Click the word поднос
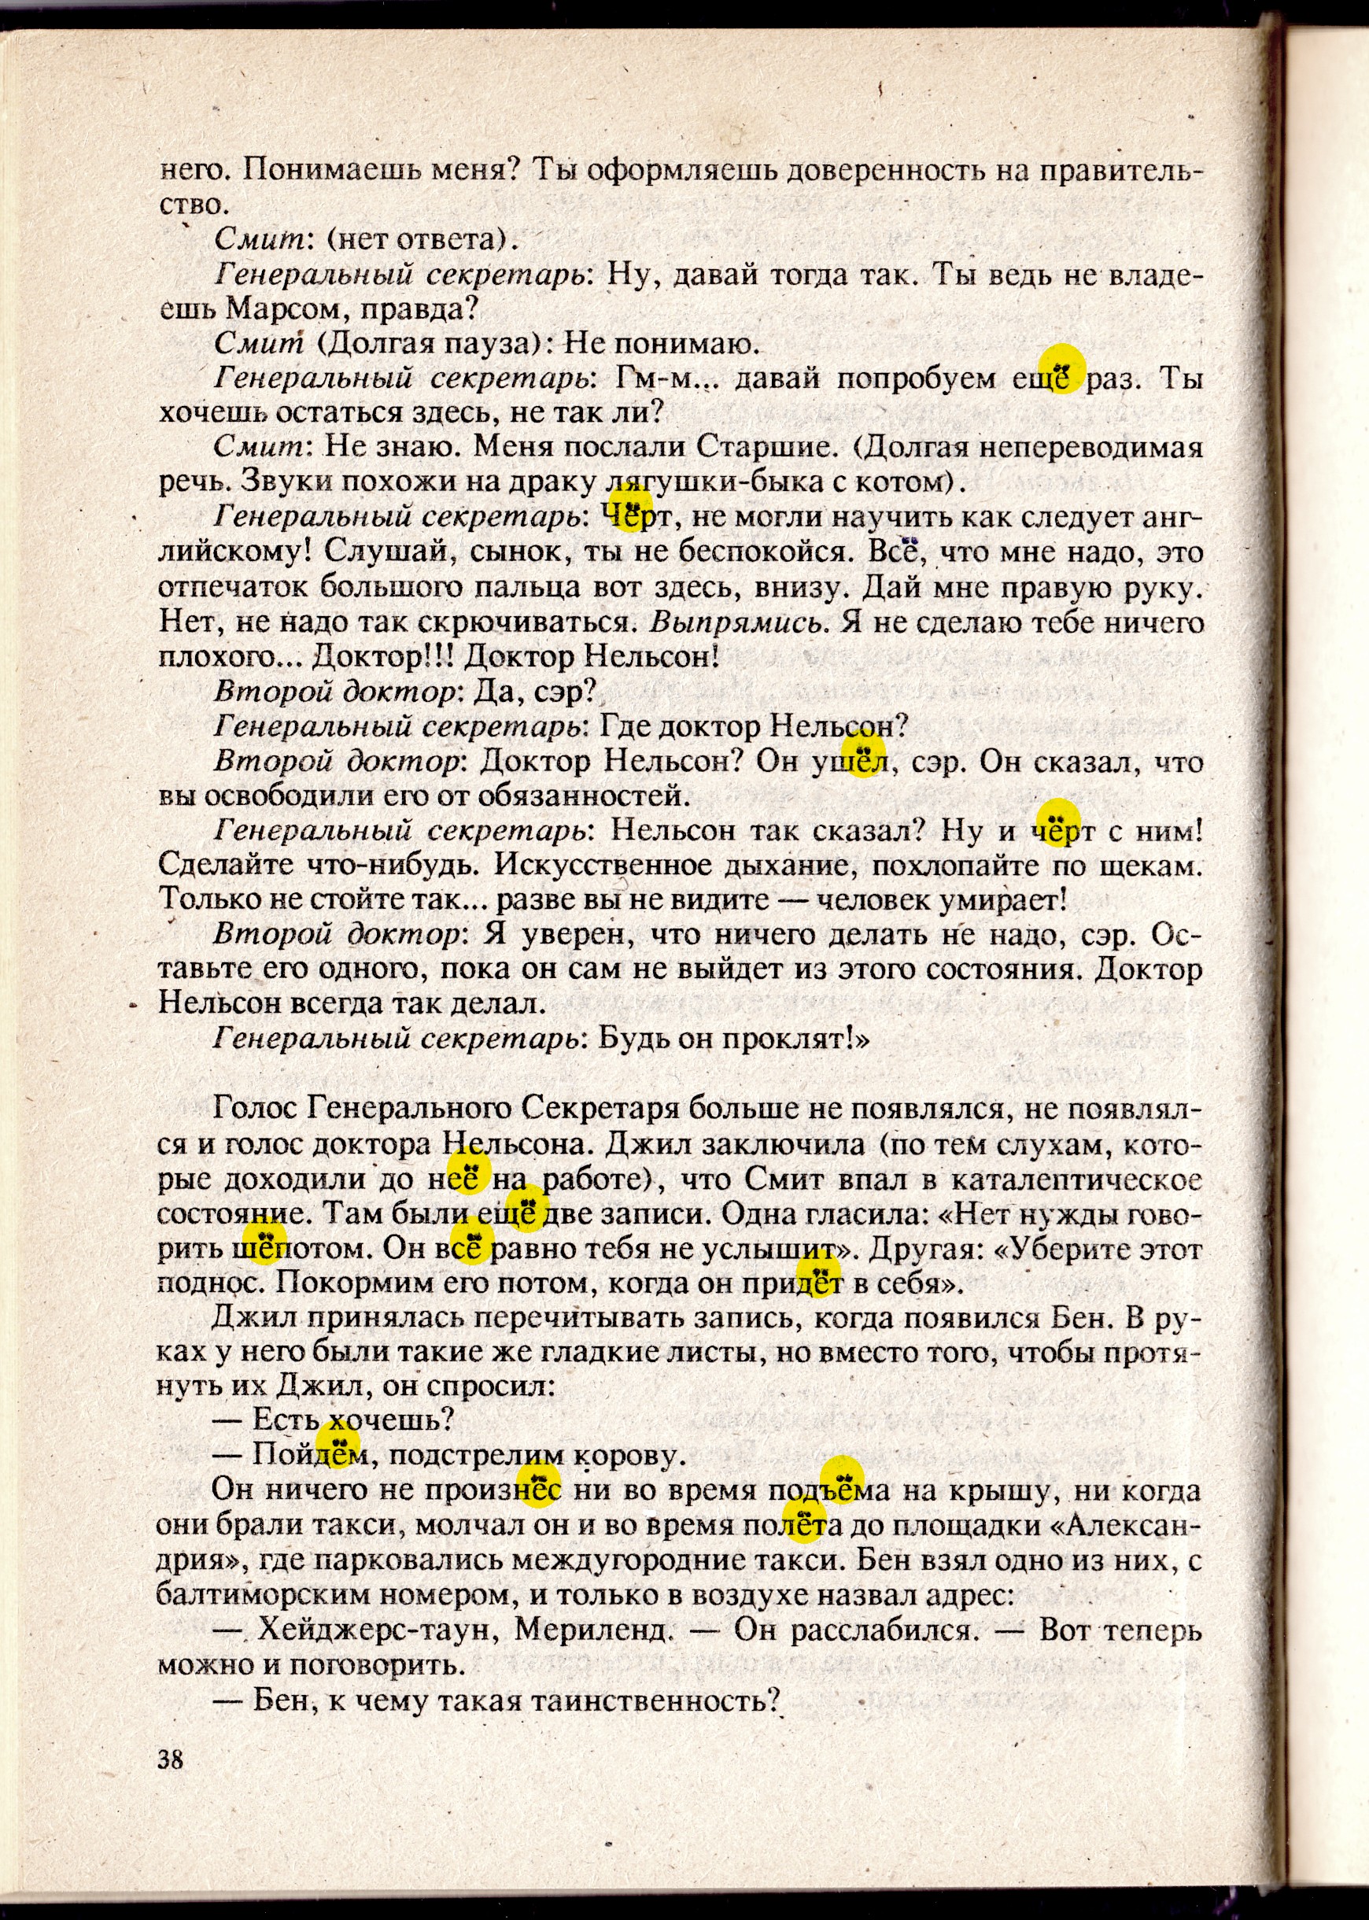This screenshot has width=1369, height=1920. coord(210,1283)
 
